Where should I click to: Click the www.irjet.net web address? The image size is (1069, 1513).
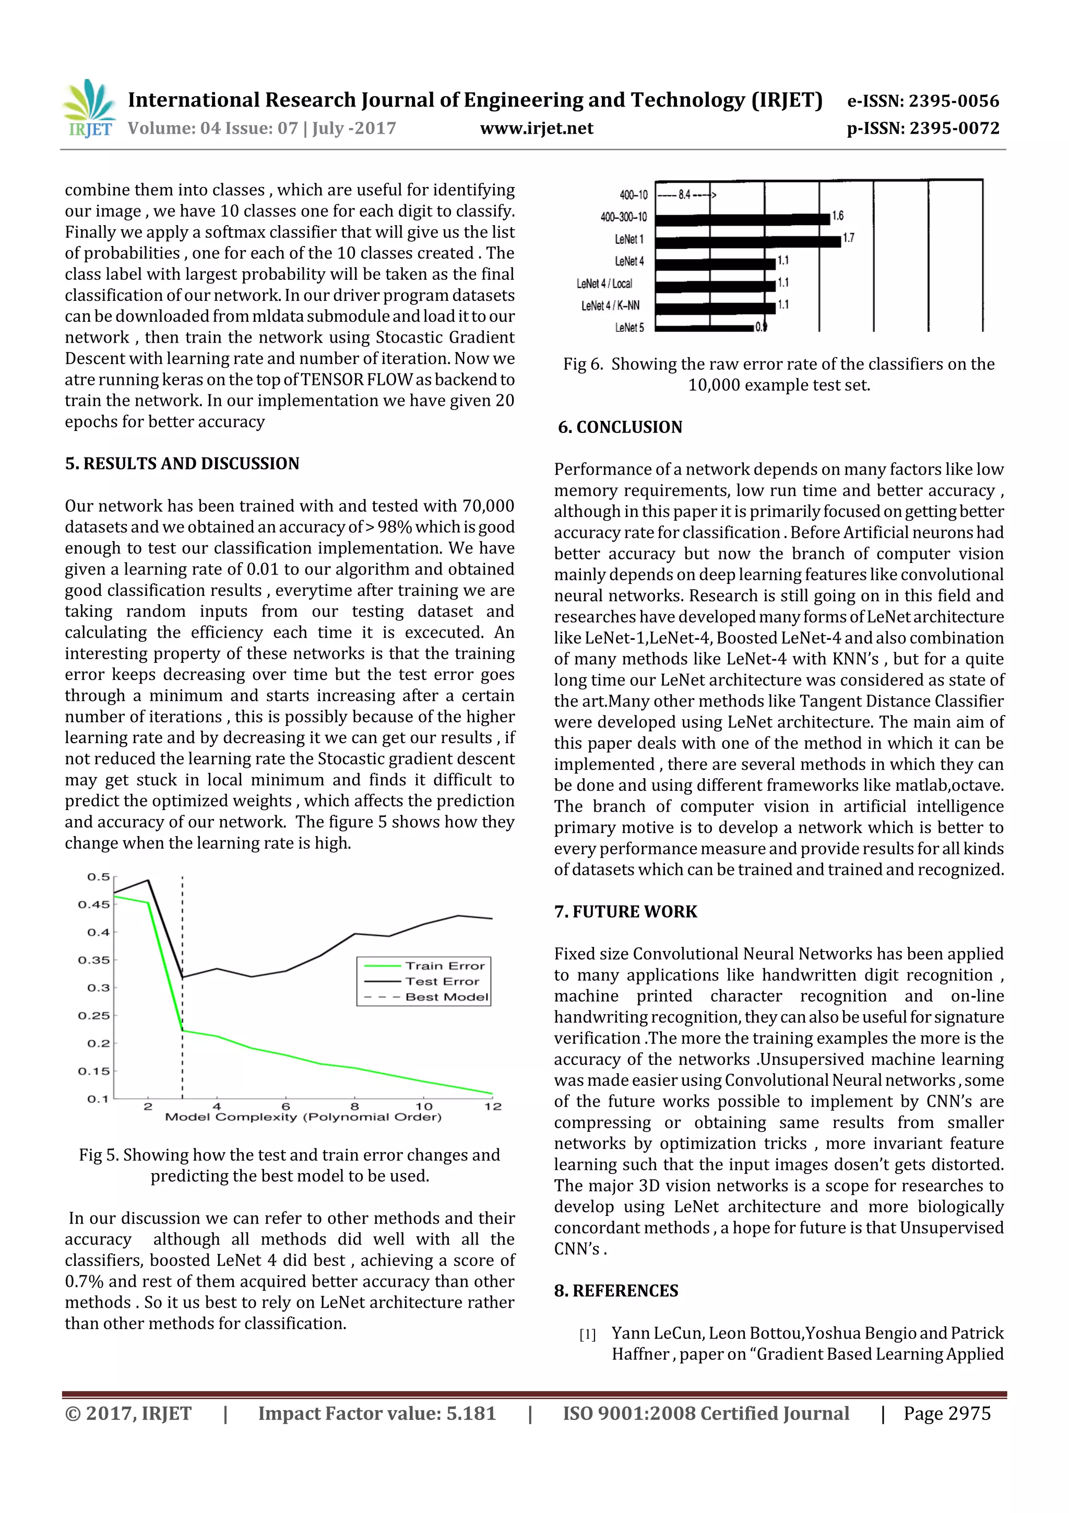coord(536,128)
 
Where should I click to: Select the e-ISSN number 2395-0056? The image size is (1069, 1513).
coord(954,101)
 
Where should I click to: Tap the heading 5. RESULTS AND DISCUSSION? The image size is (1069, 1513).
coord(182,463)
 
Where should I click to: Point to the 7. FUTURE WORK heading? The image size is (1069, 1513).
coord(625,911)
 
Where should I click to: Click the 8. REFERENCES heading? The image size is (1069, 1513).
coord(616,1291)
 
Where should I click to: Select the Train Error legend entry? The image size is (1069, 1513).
coord(445,966)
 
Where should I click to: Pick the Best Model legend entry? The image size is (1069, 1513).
coord(447,997)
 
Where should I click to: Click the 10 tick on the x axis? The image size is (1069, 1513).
coord(423,1106)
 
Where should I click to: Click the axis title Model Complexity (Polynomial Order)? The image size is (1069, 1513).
coord(303,1117)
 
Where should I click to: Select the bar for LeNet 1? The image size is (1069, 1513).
coord(747,242)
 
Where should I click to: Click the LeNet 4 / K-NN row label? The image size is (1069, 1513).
coord(610,306)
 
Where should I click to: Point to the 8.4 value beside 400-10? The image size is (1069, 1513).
coord(685,195)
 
